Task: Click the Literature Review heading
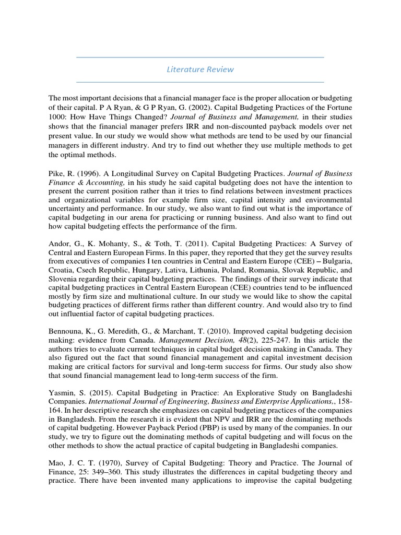point(200,69)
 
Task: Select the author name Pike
point(57,173)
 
